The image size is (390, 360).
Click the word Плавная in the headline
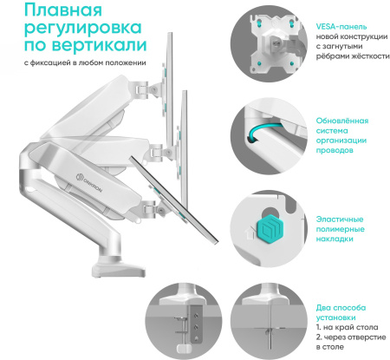coord(63,10)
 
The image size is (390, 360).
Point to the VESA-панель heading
coord(341,27)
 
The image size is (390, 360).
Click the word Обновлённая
coord(342,121)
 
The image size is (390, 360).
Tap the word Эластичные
coord(340,219)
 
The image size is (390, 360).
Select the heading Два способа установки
coord(341,312)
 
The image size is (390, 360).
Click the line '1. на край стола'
coord(347,327)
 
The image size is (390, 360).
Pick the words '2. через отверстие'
coord(351,337)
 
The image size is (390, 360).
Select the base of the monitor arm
coord(119,270)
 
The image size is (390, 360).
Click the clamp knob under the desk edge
coord(182,349)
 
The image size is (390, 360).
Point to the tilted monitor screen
coord(174,200)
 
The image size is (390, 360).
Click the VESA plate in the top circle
coord(275,43)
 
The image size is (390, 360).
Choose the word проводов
coord(335,150)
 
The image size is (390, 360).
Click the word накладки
coord(335,239)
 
